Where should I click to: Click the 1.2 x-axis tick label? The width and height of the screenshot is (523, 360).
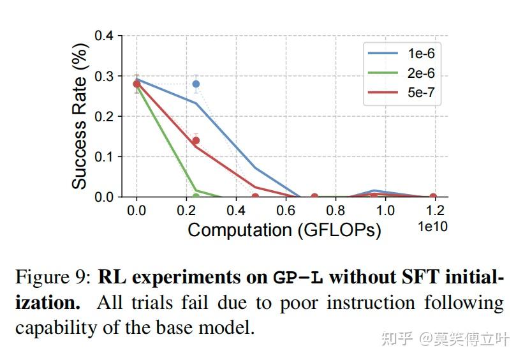(x=434, y=211)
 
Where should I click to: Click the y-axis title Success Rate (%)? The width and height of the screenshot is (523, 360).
(x=79, y=117)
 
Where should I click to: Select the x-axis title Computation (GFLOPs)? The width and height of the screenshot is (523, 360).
(x=284, y=230)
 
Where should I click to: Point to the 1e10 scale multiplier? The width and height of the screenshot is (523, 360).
(x=432, y=227)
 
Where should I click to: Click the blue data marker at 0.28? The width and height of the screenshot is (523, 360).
(x=196, y=84)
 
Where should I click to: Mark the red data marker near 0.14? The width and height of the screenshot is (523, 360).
(x=196, y=140)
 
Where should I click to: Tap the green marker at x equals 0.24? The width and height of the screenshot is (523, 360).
(x=196, y=197)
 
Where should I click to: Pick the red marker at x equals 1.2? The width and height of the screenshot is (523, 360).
(x=433, y=197)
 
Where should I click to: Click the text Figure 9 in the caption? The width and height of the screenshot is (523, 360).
(x=53, y=278)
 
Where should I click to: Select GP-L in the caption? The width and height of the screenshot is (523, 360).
(x=298, y=278)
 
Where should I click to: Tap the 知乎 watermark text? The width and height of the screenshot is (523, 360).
(x=396, y=338)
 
